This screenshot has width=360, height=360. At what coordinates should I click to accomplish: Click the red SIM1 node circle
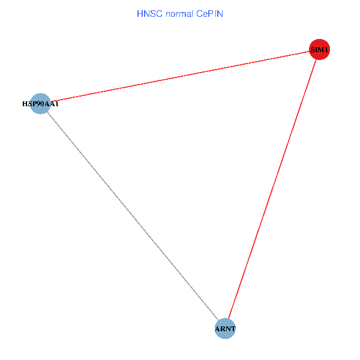point(319,49)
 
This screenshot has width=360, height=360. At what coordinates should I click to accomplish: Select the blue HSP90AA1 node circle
point(40,104)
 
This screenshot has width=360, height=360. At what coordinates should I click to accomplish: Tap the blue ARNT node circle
point(225,329)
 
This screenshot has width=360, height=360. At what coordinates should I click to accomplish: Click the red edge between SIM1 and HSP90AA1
point(180,76)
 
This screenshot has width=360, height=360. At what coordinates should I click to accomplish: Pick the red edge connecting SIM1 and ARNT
point(272,189)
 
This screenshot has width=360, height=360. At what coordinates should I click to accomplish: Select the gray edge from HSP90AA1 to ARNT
point(133,216)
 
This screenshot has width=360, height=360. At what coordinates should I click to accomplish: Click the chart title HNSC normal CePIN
point(180,14)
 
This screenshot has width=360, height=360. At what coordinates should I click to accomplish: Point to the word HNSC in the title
point(149,14)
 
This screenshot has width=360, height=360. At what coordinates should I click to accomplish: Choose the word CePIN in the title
point(209,14)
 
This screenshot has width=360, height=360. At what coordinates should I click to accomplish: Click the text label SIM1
point(319,50)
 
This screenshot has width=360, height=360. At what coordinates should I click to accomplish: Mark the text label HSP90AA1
point(40,104)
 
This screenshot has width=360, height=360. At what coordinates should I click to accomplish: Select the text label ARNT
point(225,329)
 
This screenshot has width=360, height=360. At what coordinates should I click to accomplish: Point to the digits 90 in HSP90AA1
point(40,104)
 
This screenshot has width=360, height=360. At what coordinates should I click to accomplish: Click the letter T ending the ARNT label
point(233,329)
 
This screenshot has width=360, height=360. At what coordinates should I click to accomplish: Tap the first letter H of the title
point(140,14)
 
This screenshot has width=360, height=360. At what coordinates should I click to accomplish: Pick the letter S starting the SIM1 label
point(313,50)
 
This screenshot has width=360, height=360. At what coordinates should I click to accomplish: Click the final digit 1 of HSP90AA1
point(57,104)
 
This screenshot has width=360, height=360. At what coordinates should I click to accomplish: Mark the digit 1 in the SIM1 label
point(326,50)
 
